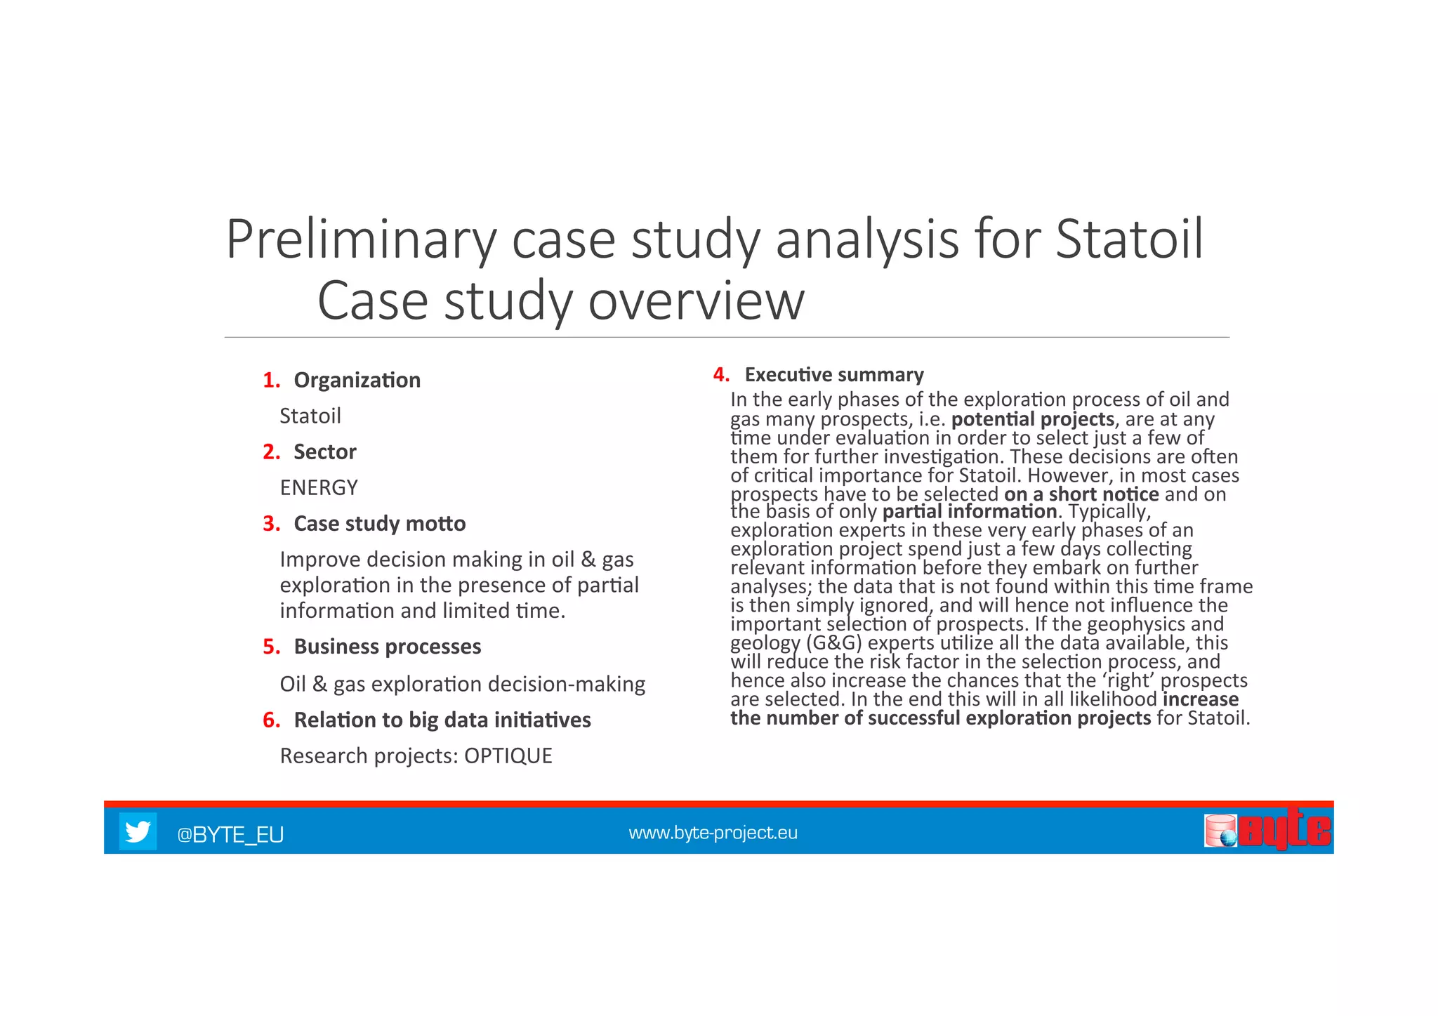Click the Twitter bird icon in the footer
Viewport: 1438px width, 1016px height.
(x=137, y=831)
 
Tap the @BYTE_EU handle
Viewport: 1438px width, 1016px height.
(x=230, y=834)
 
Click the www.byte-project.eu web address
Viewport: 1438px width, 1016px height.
(x=713, y=833)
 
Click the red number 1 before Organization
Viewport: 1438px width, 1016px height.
(x=270, y=380)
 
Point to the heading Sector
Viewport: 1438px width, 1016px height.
(x=324, y=451)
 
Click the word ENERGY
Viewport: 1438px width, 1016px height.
(x=319, y=487)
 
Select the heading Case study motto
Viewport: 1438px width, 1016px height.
(x=379, y=523)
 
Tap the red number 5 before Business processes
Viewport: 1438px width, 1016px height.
(x=270, y=646)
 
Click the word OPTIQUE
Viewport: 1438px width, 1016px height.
(x=508, y=756)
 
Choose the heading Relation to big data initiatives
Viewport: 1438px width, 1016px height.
(x=442, y=720)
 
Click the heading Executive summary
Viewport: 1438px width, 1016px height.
(x=833, y=374)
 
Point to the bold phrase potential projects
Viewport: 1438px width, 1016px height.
(x=1032, y=419)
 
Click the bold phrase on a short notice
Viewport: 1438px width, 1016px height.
(x=1081, y=494)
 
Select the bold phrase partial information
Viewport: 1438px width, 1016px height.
(x=969, y=511)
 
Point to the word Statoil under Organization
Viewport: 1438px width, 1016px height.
(x=310, y=416)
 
